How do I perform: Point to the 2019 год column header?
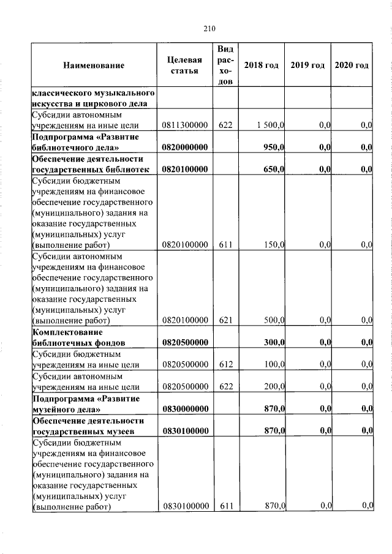[307, 66]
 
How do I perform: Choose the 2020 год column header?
[352, 66]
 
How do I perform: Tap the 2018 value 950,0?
[274, 148]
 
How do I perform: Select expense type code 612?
[225, 365]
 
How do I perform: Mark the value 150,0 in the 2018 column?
[274, 245]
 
